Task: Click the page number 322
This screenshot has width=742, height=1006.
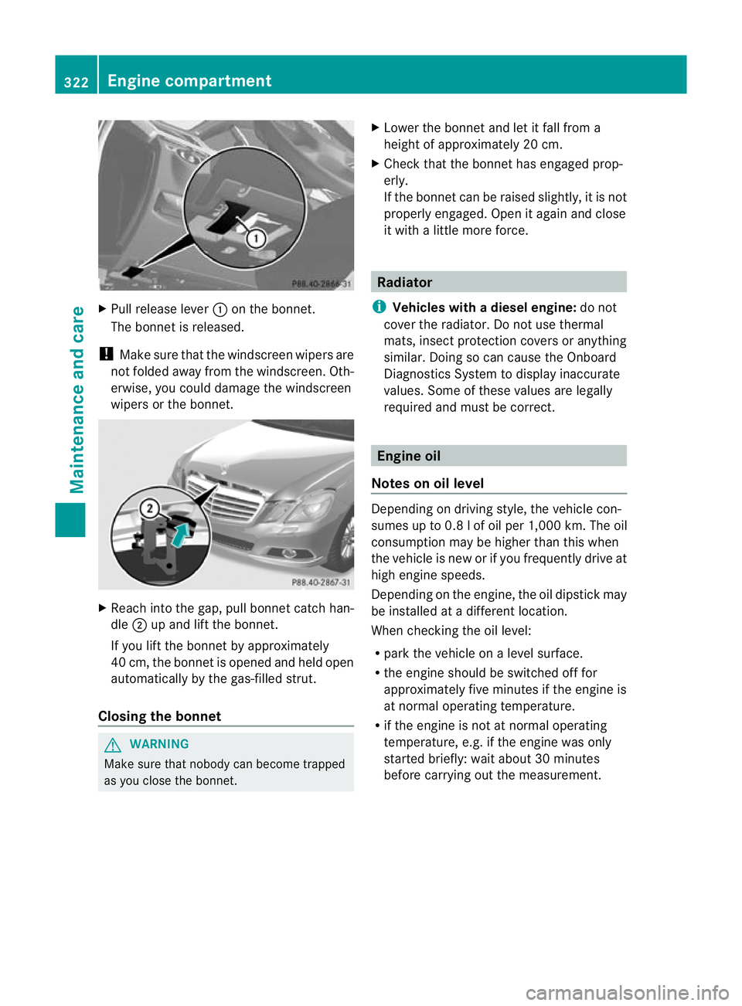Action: pos(76,82)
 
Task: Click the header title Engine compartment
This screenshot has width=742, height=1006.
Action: pos(189,81)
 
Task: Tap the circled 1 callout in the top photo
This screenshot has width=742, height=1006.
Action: pos(257,238)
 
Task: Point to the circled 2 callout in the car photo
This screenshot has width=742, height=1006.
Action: pos(149,508)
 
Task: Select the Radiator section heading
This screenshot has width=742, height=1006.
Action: pos(405,282)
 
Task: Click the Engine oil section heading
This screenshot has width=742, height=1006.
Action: pos(409,456)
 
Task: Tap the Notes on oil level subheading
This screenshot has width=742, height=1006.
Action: pos(427,483)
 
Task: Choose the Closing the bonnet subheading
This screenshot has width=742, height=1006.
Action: pos(159,716)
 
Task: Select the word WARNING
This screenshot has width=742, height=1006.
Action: pos(159,744)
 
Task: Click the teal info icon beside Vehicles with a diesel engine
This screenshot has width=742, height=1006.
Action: pos(378,307)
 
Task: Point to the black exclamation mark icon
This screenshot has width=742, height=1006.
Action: pos(106,354)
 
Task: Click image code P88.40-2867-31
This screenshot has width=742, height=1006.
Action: pos(321,583)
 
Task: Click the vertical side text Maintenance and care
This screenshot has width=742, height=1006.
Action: pos(77,399)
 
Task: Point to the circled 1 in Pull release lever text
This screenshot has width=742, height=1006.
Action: pos(220,310)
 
